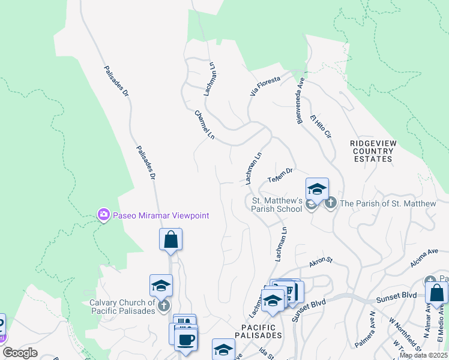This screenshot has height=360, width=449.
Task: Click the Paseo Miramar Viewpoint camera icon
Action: pyautogui.click(x=104, y=214)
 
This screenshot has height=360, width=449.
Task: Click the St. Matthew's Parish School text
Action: pyautogui.click(x=277, y=205)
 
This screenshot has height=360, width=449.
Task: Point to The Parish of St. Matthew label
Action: pyautogui.click(x=388, y=204)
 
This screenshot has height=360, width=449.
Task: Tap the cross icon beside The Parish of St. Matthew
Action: pyautogui.click(x=330, y=204)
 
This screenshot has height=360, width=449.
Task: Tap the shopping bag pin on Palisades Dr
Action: pyautogui.click(x=171, y=239)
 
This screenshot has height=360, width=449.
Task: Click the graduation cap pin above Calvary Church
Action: pyautogui.click(x=161, y=286)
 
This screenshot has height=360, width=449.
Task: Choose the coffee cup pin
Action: pyautogui.click(x=185, y=339)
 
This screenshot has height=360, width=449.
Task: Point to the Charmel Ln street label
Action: pyautogui.click(x=204, y=125)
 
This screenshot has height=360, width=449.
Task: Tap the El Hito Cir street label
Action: pyautogui.click(x=321, y=127)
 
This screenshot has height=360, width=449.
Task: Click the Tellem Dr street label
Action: pyautogui.click(x=280, y=175)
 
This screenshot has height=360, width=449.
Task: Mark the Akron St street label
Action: pyautogui.click(x=321, y=262)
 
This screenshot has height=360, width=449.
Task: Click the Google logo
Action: pyautogui.click(x=20, y=353)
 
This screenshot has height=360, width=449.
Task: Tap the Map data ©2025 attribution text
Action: pyautogui.click(x=423, y=355)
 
